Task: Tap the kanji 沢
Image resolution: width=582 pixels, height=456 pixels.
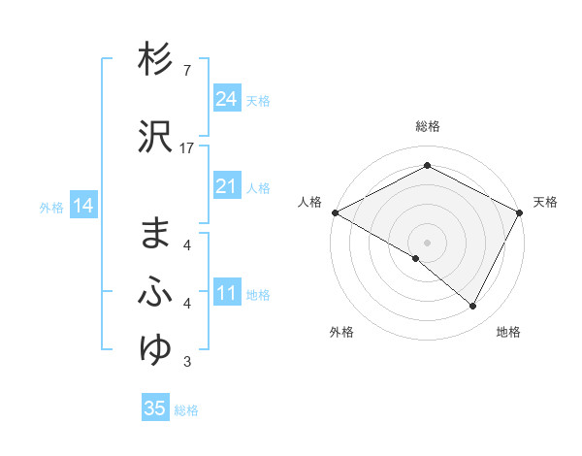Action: point(155,137)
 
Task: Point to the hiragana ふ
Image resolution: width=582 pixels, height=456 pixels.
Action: point(155,293)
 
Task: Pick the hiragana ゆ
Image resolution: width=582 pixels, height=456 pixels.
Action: point(155,348)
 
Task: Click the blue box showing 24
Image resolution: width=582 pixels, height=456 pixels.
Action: point(227,99)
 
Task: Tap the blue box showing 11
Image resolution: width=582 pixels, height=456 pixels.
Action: point(227,293)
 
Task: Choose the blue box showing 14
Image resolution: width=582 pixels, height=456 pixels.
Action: point(82,206)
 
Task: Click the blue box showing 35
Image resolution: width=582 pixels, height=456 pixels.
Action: point(155,408)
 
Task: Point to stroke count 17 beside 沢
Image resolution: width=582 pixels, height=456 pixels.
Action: point(187,147)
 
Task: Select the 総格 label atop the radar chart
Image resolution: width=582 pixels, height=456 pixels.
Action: point(427,126)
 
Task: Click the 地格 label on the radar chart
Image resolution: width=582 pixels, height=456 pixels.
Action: point(508,333)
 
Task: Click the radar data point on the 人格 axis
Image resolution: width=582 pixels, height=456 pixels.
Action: point(335,212)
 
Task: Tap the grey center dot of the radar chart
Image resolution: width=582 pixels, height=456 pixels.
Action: point(427,242)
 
